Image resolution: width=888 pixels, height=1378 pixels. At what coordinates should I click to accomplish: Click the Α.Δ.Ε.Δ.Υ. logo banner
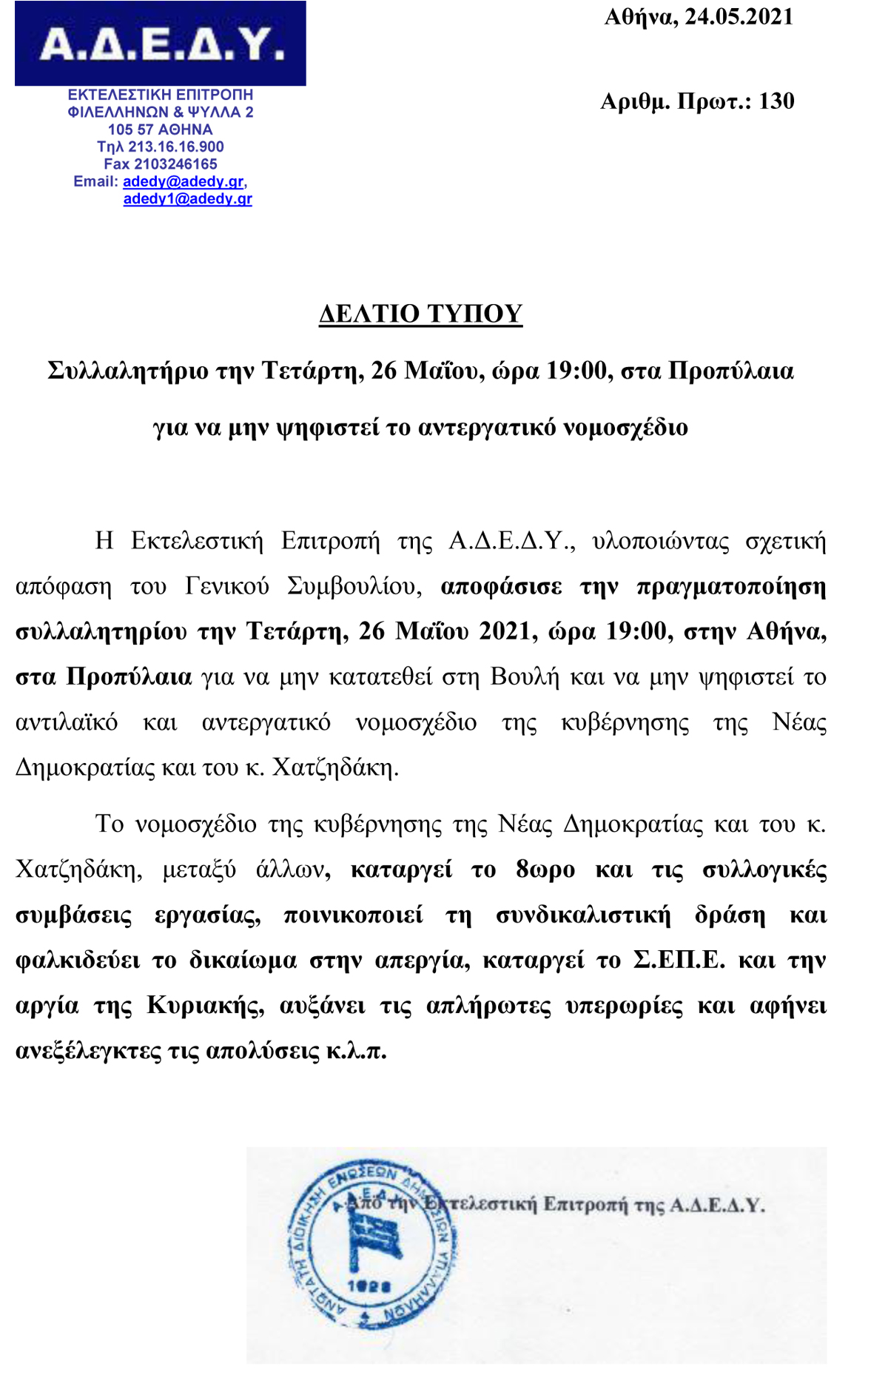point(160,44)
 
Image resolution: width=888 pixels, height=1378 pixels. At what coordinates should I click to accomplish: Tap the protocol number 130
point(776,101)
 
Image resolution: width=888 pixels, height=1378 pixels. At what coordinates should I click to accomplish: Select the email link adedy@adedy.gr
point(184,181)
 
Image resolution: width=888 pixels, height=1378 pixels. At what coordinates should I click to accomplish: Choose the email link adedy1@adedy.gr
point(187,199)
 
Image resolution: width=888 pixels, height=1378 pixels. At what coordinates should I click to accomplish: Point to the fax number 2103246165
point(175,164)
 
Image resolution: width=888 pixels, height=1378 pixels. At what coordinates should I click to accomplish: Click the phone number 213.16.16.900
point(176,147)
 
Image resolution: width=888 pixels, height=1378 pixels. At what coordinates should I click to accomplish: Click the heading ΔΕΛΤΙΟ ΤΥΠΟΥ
point(420,314)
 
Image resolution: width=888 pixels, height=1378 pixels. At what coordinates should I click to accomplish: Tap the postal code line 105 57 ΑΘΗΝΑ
point(160,130)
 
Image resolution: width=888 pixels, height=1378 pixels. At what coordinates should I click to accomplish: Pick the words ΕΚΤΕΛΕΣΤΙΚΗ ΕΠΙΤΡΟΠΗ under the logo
point(160,95)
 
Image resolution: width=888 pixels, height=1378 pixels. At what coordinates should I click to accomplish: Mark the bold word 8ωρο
point(545,870)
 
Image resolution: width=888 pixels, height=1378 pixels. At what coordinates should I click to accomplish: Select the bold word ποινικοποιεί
point(354,915)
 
